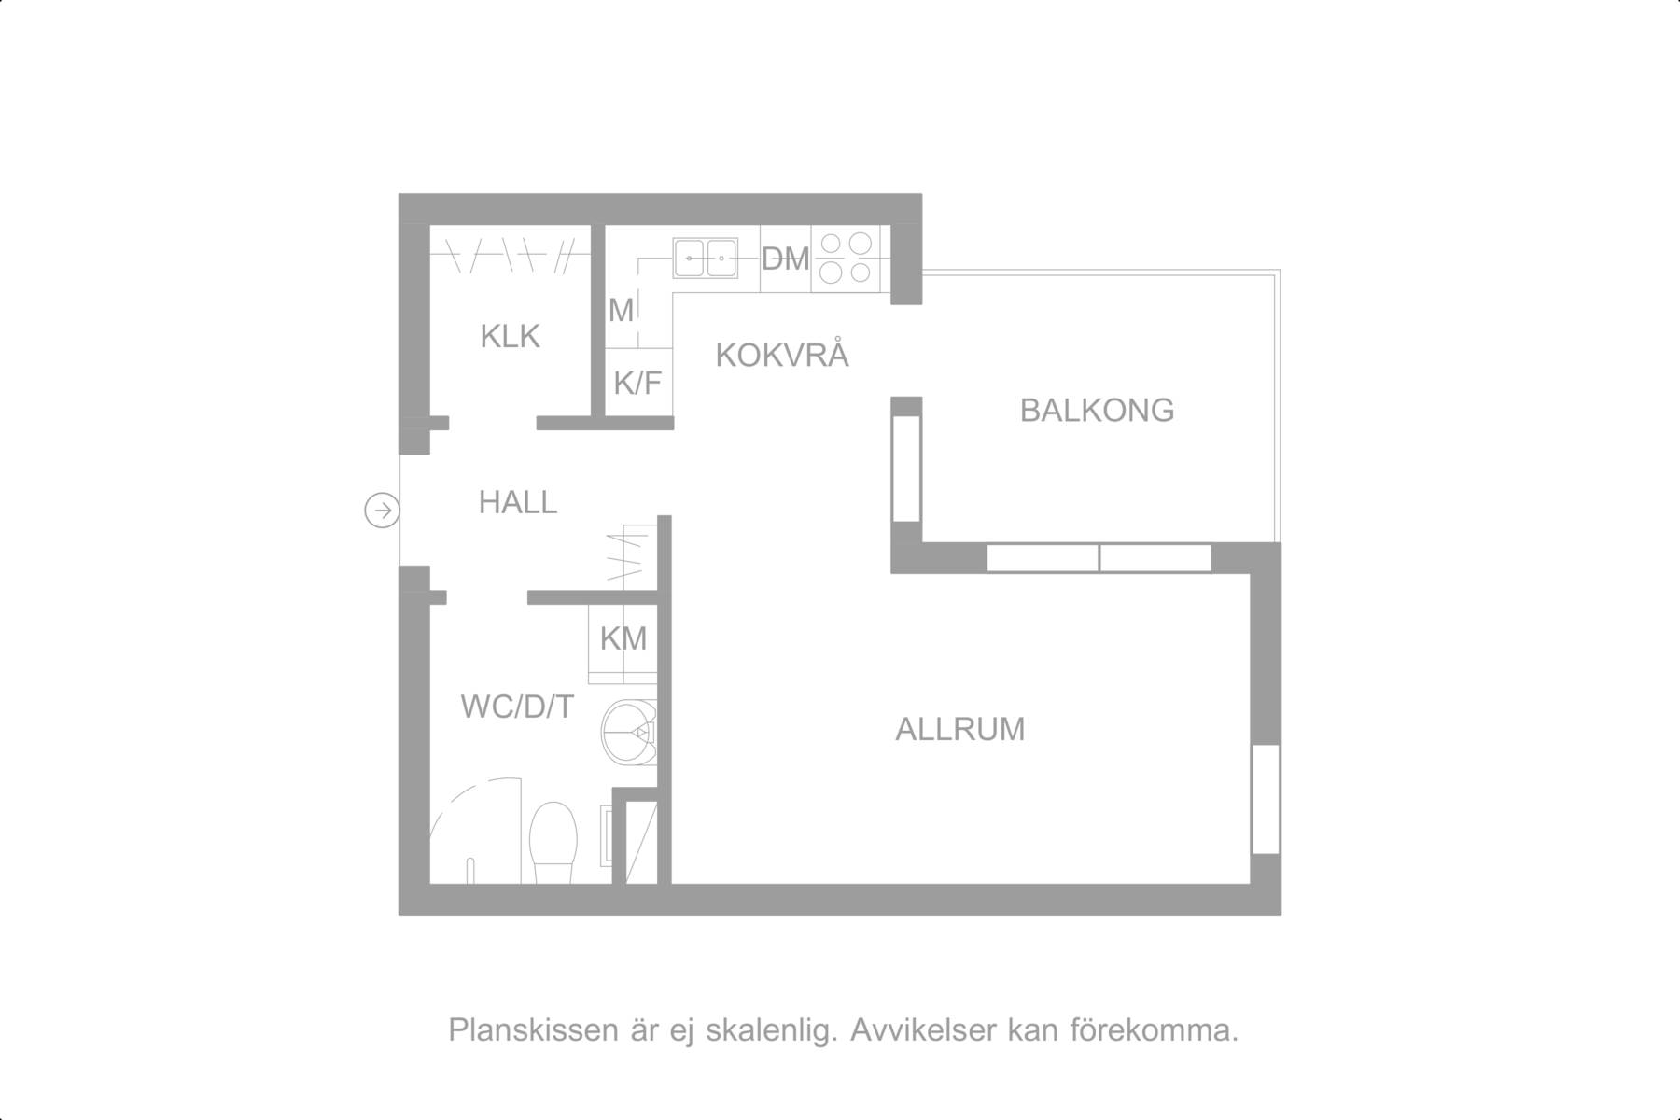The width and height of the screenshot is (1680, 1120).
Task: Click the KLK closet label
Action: (510, 336)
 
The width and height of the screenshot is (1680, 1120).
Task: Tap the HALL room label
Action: (518, 503)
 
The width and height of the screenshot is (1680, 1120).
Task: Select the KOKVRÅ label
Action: (782, 355)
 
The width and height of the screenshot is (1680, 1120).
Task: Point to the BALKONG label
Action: (1097, 411)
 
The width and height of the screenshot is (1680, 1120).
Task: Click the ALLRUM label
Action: (960, 729)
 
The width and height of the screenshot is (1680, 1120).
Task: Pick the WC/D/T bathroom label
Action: (517, 707)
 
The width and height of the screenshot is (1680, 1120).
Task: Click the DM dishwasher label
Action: (785, 259)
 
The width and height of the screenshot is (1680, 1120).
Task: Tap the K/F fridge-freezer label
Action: (637, 382)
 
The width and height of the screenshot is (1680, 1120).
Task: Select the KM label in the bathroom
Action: (623, 639)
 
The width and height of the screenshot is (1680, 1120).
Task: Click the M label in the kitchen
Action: (621, 310)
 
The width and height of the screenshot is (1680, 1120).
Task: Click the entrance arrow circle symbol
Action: (382, 510)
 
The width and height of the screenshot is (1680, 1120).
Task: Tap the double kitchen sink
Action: (706, 258)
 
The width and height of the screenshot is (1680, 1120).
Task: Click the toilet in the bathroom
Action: (552, 843)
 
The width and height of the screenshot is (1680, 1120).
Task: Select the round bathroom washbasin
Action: (629, 733)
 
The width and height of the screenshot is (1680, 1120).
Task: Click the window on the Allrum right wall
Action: (1266, 799)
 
